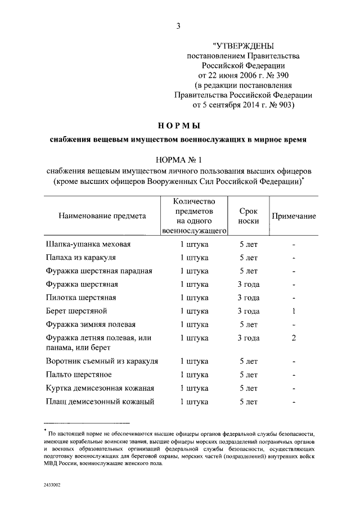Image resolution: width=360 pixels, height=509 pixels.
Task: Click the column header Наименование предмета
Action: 95,215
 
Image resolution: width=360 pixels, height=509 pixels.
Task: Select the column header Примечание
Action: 294,216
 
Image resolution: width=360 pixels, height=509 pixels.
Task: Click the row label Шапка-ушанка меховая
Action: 88,245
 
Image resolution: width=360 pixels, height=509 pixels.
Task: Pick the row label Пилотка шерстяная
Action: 81,298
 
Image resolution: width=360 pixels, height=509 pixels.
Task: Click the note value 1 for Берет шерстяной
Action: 294,311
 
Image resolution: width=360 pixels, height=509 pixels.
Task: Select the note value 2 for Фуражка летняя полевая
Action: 294,338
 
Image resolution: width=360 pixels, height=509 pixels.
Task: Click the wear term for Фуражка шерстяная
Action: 248,284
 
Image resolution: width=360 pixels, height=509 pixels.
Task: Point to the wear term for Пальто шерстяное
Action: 248,375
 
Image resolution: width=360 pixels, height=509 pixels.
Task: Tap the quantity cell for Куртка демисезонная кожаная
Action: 194,388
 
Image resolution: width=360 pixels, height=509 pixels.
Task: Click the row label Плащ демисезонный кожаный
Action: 97,402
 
